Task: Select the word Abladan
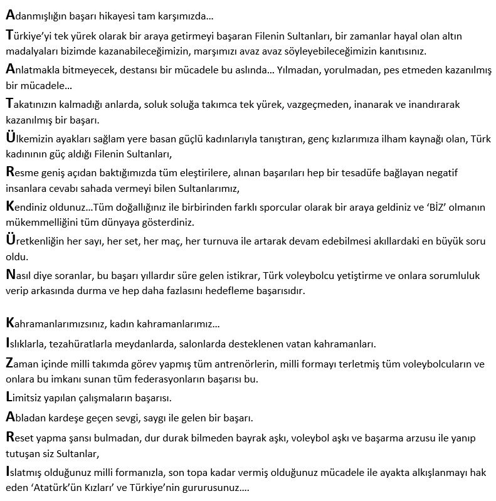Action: [26, 416]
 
